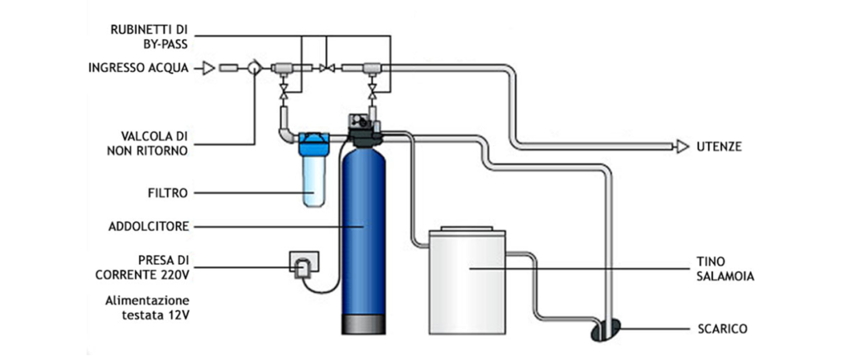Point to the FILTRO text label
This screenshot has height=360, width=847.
point(166,193)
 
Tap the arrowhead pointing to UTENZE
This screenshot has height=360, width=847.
point(682,147)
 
